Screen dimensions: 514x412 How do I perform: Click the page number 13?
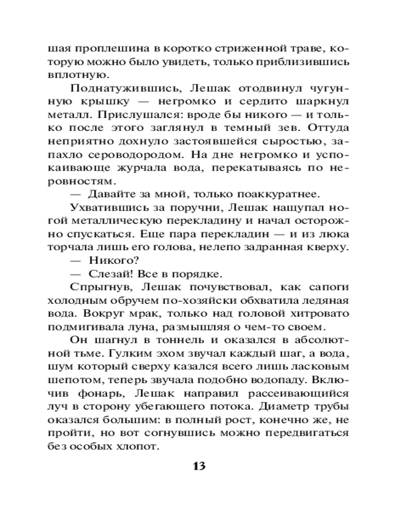pyautogui.click(x=199, y=466)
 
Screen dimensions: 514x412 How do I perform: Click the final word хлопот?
pyautogui.click(x=134, y=446)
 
